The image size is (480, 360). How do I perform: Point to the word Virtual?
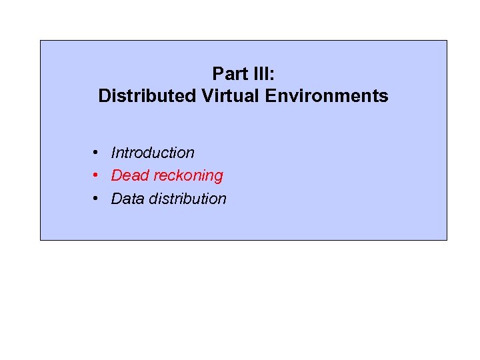tap(229, 96)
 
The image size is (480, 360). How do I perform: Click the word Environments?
tap(327, 96)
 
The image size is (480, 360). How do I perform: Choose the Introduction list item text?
tap(153, 153)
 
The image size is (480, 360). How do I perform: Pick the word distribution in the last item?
tap(187, 199)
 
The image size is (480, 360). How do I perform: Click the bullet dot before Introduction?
tap(97, 153)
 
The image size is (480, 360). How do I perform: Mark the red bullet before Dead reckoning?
tap(97, 175)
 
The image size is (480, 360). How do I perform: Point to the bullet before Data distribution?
tap(97, 198)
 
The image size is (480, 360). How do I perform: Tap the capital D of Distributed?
tap(104, 96)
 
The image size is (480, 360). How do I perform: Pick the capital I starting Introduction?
tap(113, 153)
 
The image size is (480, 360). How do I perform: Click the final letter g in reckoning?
tap(219, 177)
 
